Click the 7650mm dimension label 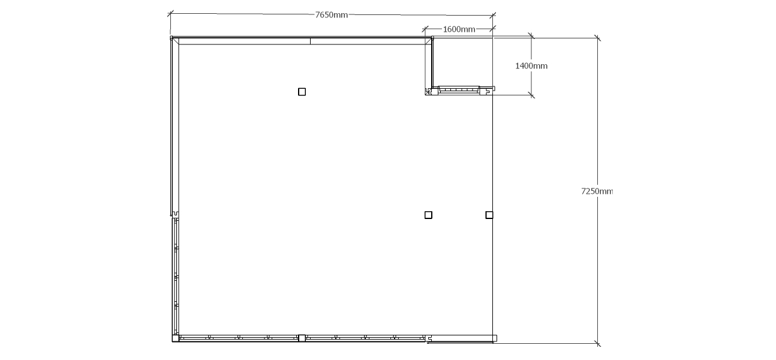pyautogui.click(x=331, y=15)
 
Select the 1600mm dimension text pyautogui.click(x=459, y=29)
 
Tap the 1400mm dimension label pyautogui.click(x=531, y=66)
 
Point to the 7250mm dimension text pyautogui.click(x=597, y=191)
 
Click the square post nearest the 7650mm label pyautogui.click(x=302, y=92)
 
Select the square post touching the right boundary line pyautogui.click(x=489, y=215)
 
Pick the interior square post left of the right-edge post pyautogui.click(x=428, y=215)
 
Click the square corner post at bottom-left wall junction pyautogui.click(x=175, y=338)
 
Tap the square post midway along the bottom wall pyautogui.click(x=302, y=338)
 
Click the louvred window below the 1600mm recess pyautogui.click(x=459, y=90)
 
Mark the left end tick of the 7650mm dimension pyautogui.click(x=170, y=14)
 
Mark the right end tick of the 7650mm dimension pyautogui.click(x=493, y=15)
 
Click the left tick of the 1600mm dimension pyautogui.click(x=425, y=29)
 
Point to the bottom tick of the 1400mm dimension pyautogui.click(x=531, y=95)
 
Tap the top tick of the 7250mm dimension pyautogui.click(x=597, y=38)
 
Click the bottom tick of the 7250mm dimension pyautogui.click(x=597, y=343)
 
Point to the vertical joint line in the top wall pyautogui.click(x=311, y=41)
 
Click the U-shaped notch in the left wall pyautogui.click(x=175, y=214)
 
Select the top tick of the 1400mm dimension pyautogui.click(x=531, y=35)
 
